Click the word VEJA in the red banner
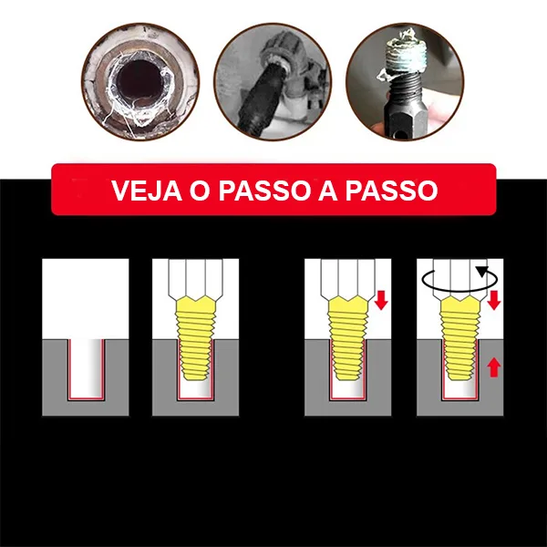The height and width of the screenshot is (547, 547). (147, 191)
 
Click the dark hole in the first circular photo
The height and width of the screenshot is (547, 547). (139, 81)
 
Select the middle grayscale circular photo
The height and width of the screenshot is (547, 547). (273, 82)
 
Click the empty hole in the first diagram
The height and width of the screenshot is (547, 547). (86, 368)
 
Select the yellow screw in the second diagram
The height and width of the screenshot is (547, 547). (196, 338)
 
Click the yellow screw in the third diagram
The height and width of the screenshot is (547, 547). (348, 338)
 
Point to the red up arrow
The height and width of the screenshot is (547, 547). (493, 368)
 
